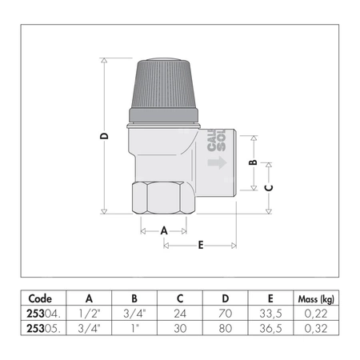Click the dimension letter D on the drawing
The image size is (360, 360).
coord(104,137)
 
